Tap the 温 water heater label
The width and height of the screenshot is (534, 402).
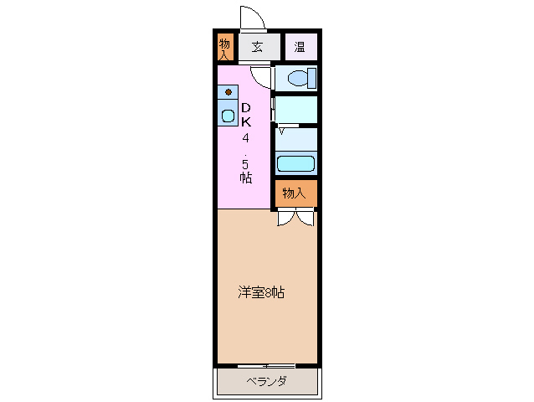click(300, 47)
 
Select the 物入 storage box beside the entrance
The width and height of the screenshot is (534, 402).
click(224, 47)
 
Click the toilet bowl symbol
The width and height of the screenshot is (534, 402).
click(300, 79)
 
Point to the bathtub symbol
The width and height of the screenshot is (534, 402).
click(295, 163)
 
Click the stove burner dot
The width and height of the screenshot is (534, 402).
click(227, 92)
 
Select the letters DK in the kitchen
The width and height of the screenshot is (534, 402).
click(246, 115)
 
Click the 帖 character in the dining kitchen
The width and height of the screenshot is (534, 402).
click(245, 178)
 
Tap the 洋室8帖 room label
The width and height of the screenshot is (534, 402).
click(260, 292)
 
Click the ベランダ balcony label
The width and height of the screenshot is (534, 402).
click(267, 382)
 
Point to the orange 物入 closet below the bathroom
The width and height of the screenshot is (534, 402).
click(295, 193)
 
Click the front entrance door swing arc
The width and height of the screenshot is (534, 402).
click(250, 17)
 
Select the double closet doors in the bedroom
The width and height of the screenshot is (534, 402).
click(295, 218)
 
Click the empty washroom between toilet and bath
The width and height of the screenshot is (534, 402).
click(296, 109)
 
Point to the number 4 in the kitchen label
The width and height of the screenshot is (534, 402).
click(246, 137)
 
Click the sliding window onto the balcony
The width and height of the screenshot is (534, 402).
click(266, 365)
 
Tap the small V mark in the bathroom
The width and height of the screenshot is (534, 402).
click(282, 131)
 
